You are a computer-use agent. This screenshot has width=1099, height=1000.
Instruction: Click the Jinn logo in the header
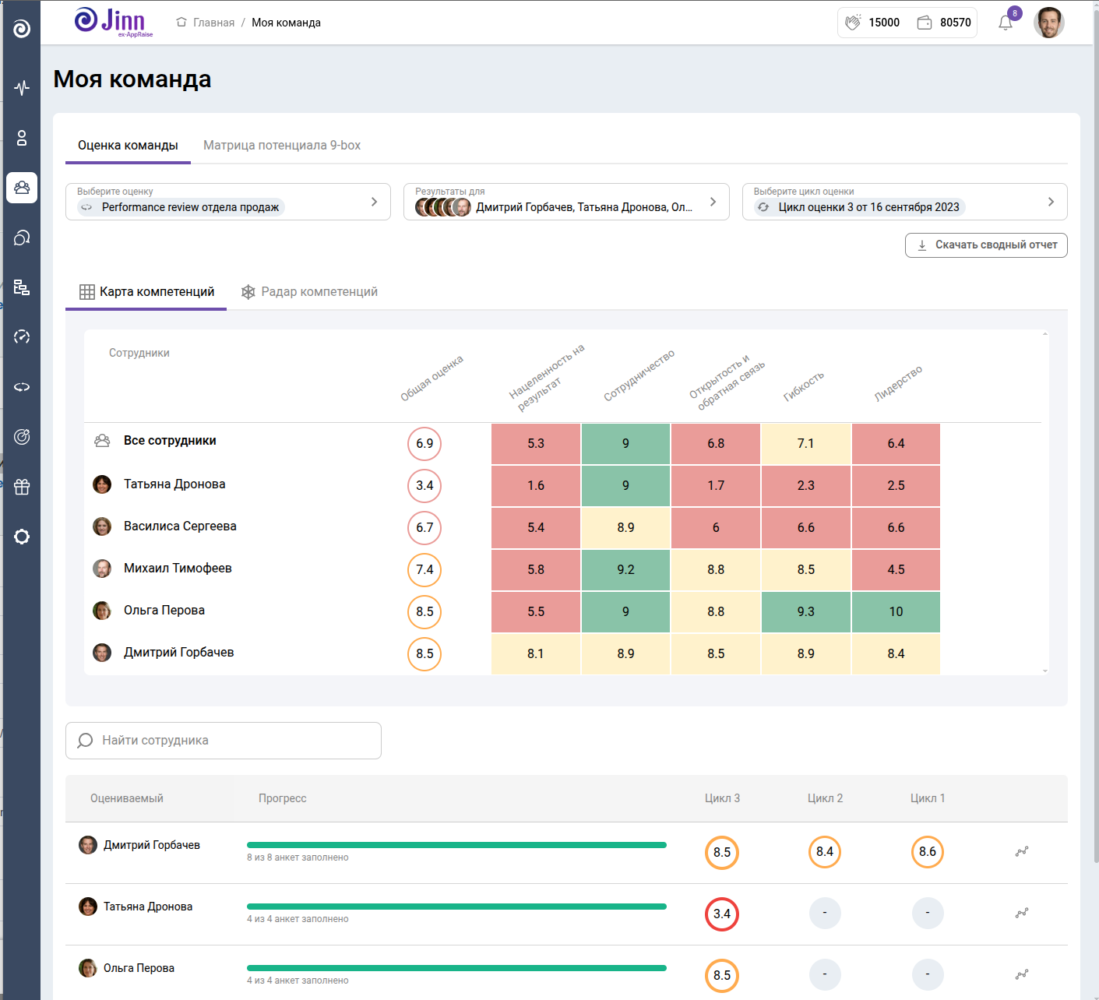pyautogui.click(x=113, y=22)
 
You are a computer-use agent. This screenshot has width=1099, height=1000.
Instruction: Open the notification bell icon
pyautogui.click(x=1006, y=23)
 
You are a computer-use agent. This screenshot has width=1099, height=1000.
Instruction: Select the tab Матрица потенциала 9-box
pyautogui.click(x=282, y=146)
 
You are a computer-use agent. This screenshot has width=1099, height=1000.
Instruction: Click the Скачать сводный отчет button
pyautogui.click(x=986, y=245)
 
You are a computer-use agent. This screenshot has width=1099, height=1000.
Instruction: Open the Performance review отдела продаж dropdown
pyautogui.click(x=228, y=202)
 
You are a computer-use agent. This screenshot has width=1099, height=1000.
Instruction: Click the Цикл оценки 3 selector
pyautogui.click(x=904, y=202)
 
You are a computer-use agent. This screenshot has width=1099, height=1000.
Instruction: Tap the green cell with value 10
pyautogui.click(x=896, y=612)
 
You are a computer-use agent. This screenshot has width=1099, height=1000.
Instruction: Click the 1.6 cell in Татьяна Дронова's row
pyautogui.click(x=536, y=486)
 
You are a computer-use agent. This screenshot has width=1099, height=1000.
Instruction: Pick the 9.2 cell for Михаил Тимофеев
pyautogui.click(x=625, y=570)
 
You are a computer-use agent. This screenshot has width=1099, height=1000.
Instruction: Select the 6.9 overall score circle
pyautogui.click(x=424, y=444)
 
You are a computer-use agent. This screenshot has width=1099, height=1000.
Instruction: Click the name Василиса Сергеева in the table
pyautogui.click(x=180, y=526)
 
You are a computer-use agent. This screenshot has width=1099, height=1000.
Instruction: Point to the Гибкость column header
pyautogui.click(x=804, y=386)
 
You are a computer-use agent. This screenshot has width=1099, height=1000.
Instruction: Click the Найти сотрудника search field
pyautogui.click(x=224, y=741)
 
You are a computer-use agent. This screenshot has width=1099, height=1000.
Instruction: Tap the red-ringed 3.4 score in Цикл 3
pyautogui.click(x=722, y=914)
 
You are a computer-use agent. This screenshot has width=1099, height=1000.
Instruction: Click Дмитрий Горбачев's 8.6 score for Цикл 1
pyautogui.click(x=927, y=852)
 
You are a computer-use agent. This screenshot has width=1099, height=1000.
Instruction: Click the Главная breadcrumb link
pyautogui.click(x=213, y=23)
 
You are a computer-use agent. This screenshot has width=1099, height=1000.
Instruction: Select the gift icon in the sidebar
pyautogui.click(x=22, y=488)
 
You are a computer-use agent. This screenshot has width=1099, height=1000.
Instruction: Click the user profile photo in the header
pyautogui.click(x=1048, y=23)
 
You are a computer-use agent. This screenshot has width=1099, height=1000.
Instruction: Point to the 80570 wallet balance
pyautogui.click(x=955, y=23)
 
